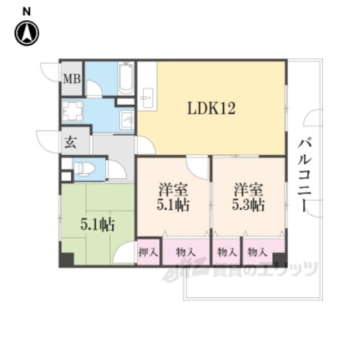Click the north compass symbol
[27, 33]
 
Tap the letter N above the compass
[26, 11]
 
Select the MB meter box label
[72, 79]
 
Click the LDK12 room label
[211, 109]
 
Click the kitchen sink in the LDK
[147, 97]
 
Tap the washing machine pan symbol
[73, 111]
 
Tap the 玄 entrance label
[70, 142]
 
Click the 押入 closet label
[148, 253]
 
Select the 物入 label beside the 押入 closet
[186, 253]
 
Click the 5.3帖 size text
[248, 204]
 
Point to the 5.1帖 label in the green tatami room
[97, 224]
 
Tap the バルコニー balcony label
[304, 174]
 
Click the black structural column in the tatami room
[67, 260]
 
